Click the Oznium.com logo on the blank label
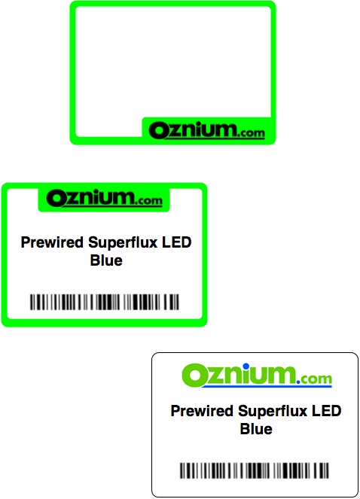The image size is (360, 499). click(207, 130)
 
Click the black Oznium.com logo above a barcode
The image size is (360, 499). click(104, 199)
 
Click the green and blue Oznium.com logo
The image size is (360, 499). click(257, 376)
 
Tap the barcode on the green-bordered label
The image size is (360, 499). click(105, 302)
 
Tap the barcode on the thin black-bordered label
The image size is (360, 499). click(255, 470)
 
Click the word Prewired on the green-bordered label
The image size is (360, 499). click(52, 242)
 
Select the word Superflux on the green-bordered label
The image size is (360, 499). click(123, 242)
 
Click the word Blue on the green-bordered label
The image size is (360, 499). click(106, 260)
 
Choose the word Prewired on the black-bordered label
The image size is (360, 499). click(202, 410)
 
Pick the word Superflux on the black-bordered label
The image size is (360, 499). click(273, 411)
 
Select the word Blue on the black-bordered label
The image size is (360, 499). click(256, 429)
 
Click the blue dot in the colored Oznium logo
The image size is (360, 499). click(246, 366)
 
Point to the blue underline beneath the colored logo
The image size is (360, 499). click(267, 386)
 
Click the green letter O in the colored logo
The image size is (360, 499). click(194, 376)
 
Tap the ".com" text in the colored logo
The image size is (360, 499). click(314, 379)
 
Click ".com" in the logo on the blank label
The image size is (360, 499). click(250, 132)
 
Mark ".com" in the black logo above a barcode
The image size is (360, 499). click(148, 200)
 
